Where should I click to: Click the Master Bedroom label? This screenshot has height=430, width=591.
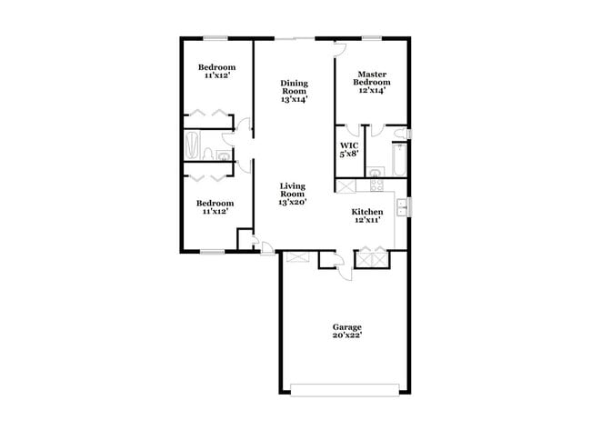pyautogui.click(x=372, y=79)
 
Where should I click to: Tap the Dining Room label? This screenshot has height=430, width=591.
pyautogui.click(x=294, y=87)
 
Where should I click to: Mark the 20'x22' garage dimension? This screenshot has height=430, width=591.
pyautogui.click(x=346, y=335)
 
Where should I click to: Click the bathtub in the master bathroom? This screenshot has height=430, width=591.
pyautogui.click(x=398, y=160)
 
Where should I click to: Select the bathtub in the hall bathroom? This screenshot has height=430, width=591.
pyautogui.click(x=192, y=145)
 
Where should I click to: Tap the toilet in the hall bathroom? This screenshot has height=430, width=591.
pyautogui.click(x=209, y=154)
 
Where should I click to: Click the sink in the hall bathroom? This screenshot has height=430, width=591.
pyautogui.click(x=224, y=155)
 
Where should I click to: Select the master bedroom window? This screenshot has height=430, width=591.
pyautogui.click(x=373, y=38)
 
